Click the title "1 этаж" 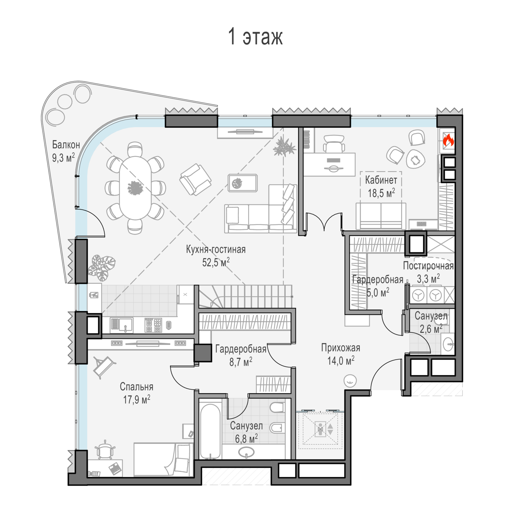256,36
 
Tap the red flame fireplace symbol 448,140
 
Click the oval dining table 135,188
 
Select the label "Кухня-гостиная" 216,249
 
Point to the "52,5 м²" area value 216,262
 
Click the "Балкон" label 66,145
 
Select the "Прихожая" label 341,348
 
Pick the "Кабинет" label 381,180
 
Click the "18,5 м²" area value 381,193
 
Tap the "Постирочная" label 428,266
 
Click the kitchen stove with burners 153,325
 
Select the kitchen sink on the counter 121,324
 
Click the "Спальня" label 137,387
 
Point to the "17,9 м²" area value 137,400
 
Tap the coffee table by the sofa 242,183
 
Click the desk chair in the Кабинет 334,144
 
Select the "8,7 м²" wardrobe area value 241,361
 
